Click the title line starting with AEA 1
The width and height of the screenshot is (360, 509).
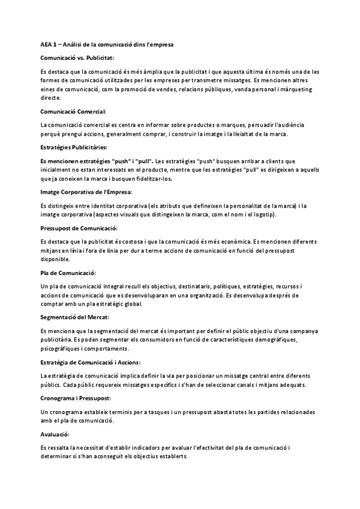click(107, 44)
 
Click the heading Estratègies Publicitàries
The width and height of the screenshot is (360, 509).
click(74, 147)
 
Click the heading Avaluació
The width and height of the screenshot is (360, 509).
click(55, 434)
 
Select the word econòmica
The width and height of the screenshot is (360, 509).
click(280, 241)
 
